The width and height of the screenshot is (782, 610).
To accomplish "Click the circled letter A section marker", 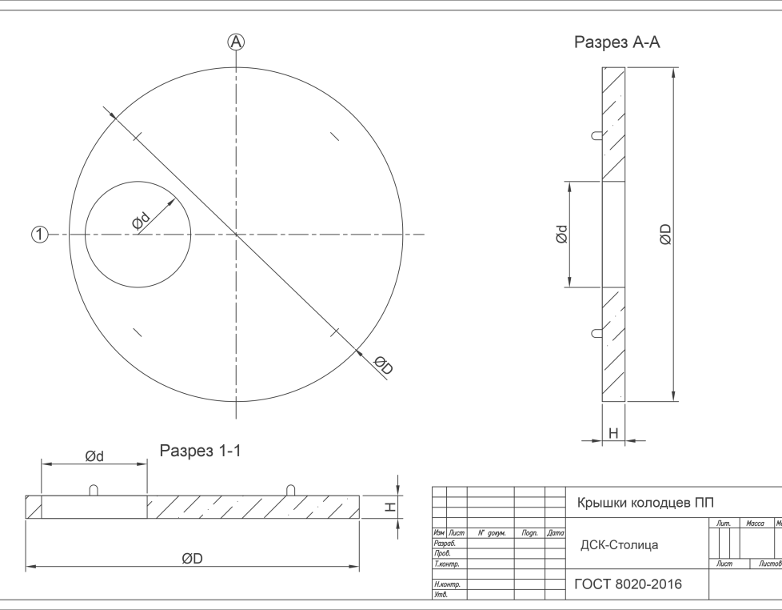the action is [236, 42].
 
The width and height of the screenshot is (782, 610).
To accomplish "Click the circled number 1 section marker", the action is [40, 234].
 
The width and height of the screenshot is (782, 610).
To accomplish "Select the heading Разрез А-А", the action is [617, 42].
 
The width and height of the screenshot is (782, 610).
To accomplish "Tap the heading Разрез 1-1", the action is [200, 451].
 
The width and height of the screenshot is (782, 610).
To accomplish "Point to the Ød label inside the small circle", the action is [142, 221].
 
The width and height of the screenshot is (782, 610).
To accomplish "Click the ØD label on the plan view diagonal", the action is [384, 365].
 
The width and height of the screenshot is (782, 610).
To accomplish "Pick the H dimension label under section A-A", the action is [613, 433].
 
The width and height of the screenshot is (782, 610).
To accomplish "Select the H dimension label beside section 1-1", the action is [390, 508].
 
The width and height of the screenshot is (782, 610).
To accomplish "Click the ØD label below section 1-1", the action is [192, 559].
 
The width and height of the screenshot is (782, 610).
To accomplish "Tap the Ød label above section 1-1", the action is [94, 456].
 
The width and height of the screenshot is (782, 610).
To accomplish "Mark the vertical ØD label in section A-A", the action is [665, 234].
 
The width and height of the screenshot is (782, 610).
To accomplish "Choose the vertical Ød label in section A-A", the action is [561, 234].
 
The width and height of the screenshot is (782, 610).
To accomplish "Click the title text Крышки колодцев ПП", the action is [645, 503].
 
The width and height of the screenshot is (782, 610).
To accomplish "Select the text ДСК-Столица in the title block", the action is [619, 545].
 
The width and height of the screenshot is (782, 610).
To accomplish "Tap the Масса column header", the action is [755, 523].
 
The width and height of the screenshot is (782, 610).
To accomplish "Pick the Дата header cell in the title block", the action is [556, 533].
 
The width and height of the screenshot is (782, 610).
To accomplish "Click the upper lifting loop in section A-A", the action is [596, 135].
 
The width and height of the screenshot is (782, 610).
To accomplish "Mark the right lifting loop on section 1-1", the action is [291, 490].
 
